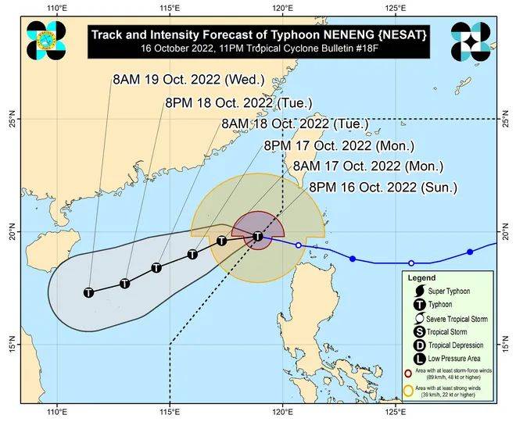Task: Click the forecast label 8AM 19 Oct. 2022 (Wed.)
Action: (x=190, y=80)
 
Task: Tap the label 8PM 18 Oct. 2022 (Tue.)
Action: (x=239, y=102)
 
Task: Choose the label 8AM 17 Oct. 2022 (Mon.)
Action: (x=367, y=166)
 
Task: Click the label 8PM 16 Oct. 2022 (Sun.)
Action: (x=382, y=187)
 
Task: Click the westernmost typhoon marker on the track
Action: (x=89, y=291)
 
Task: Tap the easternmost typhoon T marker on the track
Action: (x=258, y=236)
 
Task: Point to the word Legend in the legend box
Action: (x=423, y=277)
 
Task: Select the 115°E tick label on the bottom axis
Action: (x=169, y=412)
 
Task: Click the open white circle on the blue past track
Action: (x=298, y=245)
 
